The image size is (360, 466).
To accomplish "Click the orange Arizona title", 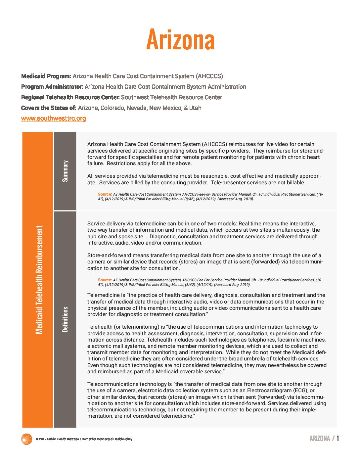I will click(x=180, y=40).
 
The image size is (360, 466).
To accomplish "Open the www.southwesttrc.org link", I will click(x=54, y=118).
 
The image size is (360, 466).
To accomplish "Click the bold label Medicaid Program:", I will click(x=46, y=76).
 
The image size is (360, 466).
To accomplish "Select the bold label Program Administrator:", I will click(x=52, y=87).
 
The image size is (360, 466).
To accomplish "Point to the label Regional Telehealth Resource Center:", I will click(x=70, y=97).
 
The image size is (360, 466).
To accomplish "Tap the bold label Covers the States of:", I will click(x=49, y=108).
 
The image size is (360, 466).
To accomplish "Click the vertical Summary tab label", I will click(x=65, y=171).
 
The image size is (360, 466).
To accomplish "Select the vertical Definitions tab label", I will click(x=65, y=319).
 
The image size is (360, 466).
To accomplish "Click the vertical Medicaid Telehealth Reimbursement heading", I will click(x=39, y=280).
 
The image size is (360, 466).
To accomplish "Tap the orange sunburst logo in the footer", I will click(x=26, y=439).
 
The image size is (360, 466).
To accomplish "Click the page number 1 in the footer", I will click(x=338, y=439).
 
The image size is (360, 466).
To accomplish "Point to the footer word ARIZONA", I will click(x=320, y=439).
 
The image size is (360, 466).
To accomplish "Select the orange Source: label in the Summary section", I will click(x=105, y=194).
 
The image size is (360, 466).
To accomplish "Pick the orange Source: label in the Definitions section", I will click(x=105, y=280).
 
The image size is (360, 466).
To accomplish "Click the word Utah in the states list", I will click(x=195, y=108).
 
